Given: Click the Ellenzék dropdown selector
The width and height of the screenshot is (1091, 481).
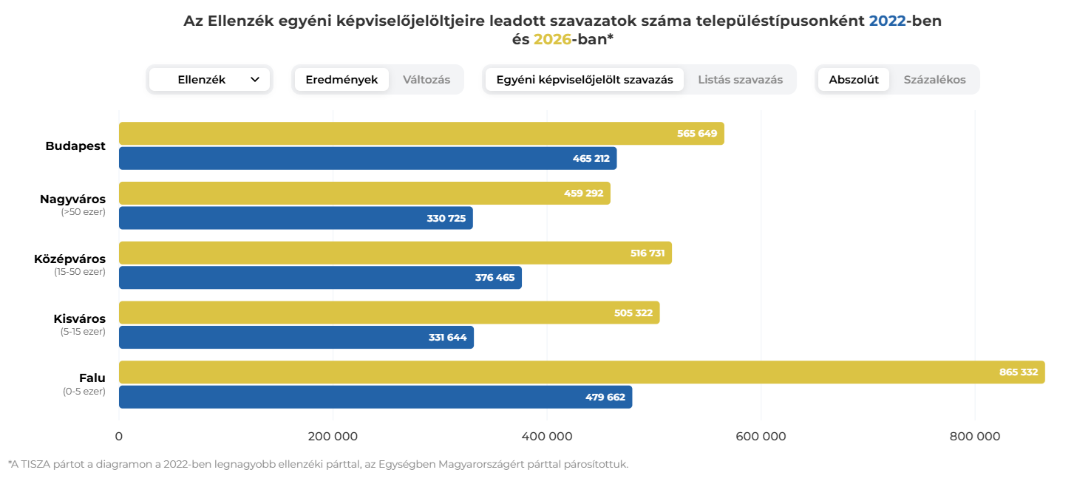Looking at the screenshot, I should click(210, 80).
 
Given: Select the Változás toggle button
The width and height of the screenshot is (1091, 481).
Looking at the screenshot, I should click(426, 80).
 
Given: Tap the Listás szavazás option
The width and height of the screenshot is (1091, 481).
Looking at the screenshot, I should click(740, 80).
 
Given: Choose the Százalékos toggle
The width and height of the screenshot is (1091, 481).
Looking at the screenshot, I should click(934, 80).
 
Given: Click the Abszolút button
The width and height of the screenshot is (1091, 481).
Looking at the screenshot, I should click(854, 80).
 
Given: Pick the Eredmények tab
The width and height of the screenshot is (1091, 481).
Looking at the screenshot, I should click(341, 80).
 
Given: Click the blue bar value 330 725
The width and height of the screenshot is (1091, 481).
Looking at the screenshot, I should click(446, 219).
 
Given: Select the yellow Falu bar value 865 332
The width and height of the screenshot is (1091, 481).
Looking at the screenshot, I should click(1018, 372).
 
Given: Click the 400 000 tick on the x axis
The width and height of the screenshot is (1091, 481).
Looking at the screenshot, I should click(547, 437).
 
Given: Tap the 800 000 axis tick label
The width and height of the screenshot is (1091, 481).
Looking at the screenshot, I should click(974, 437).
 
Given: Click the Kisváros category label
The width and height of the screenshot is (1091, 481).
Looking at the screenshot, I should click(79, 319).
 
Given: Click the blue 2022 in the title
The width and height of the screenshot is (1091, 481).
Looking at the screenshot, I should click(887, 21).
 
